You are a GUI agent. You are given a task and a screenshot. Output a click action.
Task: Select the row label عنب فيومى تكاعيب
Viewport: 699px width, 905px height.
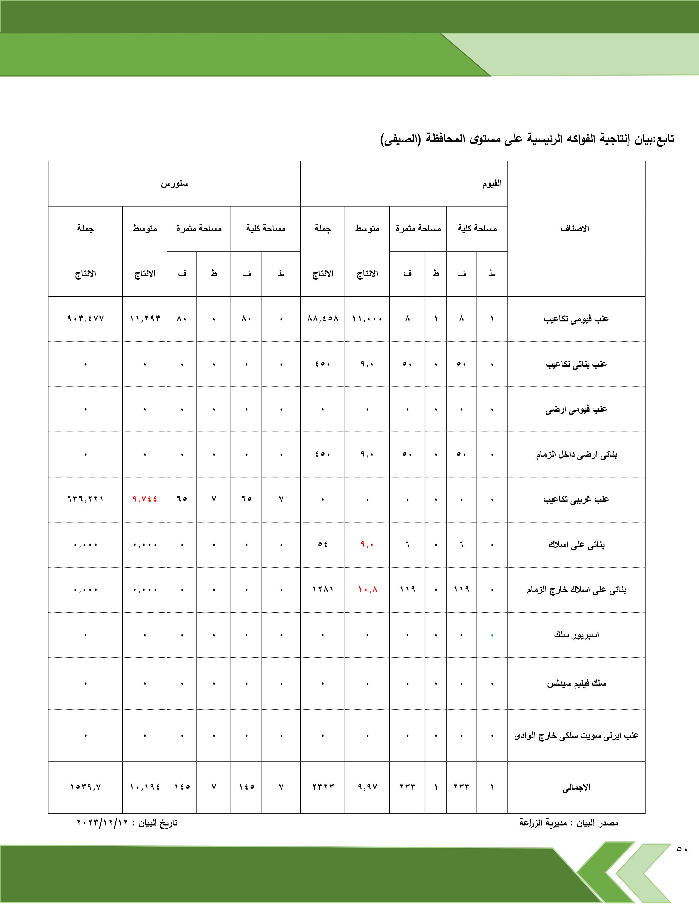coord(576,319)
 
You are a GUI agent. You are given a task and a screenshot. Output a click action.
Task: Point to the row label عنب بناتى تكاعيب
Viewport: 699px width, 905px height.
coord(576,364)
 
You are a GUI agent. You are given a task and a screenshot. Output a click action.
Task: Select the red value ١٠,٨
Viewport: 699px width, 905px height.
coord(367,589)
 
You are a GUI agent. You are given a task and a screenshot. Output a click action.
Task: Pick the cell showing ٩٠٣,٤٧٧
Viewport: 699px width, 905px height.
coord(85,319)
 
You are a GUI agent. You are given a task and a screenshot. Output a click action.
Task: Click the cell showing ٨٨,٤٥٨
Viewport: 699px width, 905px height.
coord(323,319)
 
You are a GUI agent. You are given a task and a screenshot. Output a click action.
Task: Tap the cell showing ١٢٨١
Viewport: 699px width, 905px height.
coord(323,589)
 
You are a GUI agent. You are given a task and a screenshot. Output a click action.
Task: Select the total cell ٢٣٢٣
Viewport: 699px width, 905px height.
coord(323,787)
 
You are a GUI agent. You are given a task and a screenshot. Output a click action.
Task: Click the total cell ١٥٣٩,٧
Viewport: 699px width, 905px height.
coord(85,787)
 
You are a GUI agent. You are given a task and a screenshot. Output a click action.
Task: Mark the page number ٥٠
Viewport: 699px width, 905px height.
coord(681,849)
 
